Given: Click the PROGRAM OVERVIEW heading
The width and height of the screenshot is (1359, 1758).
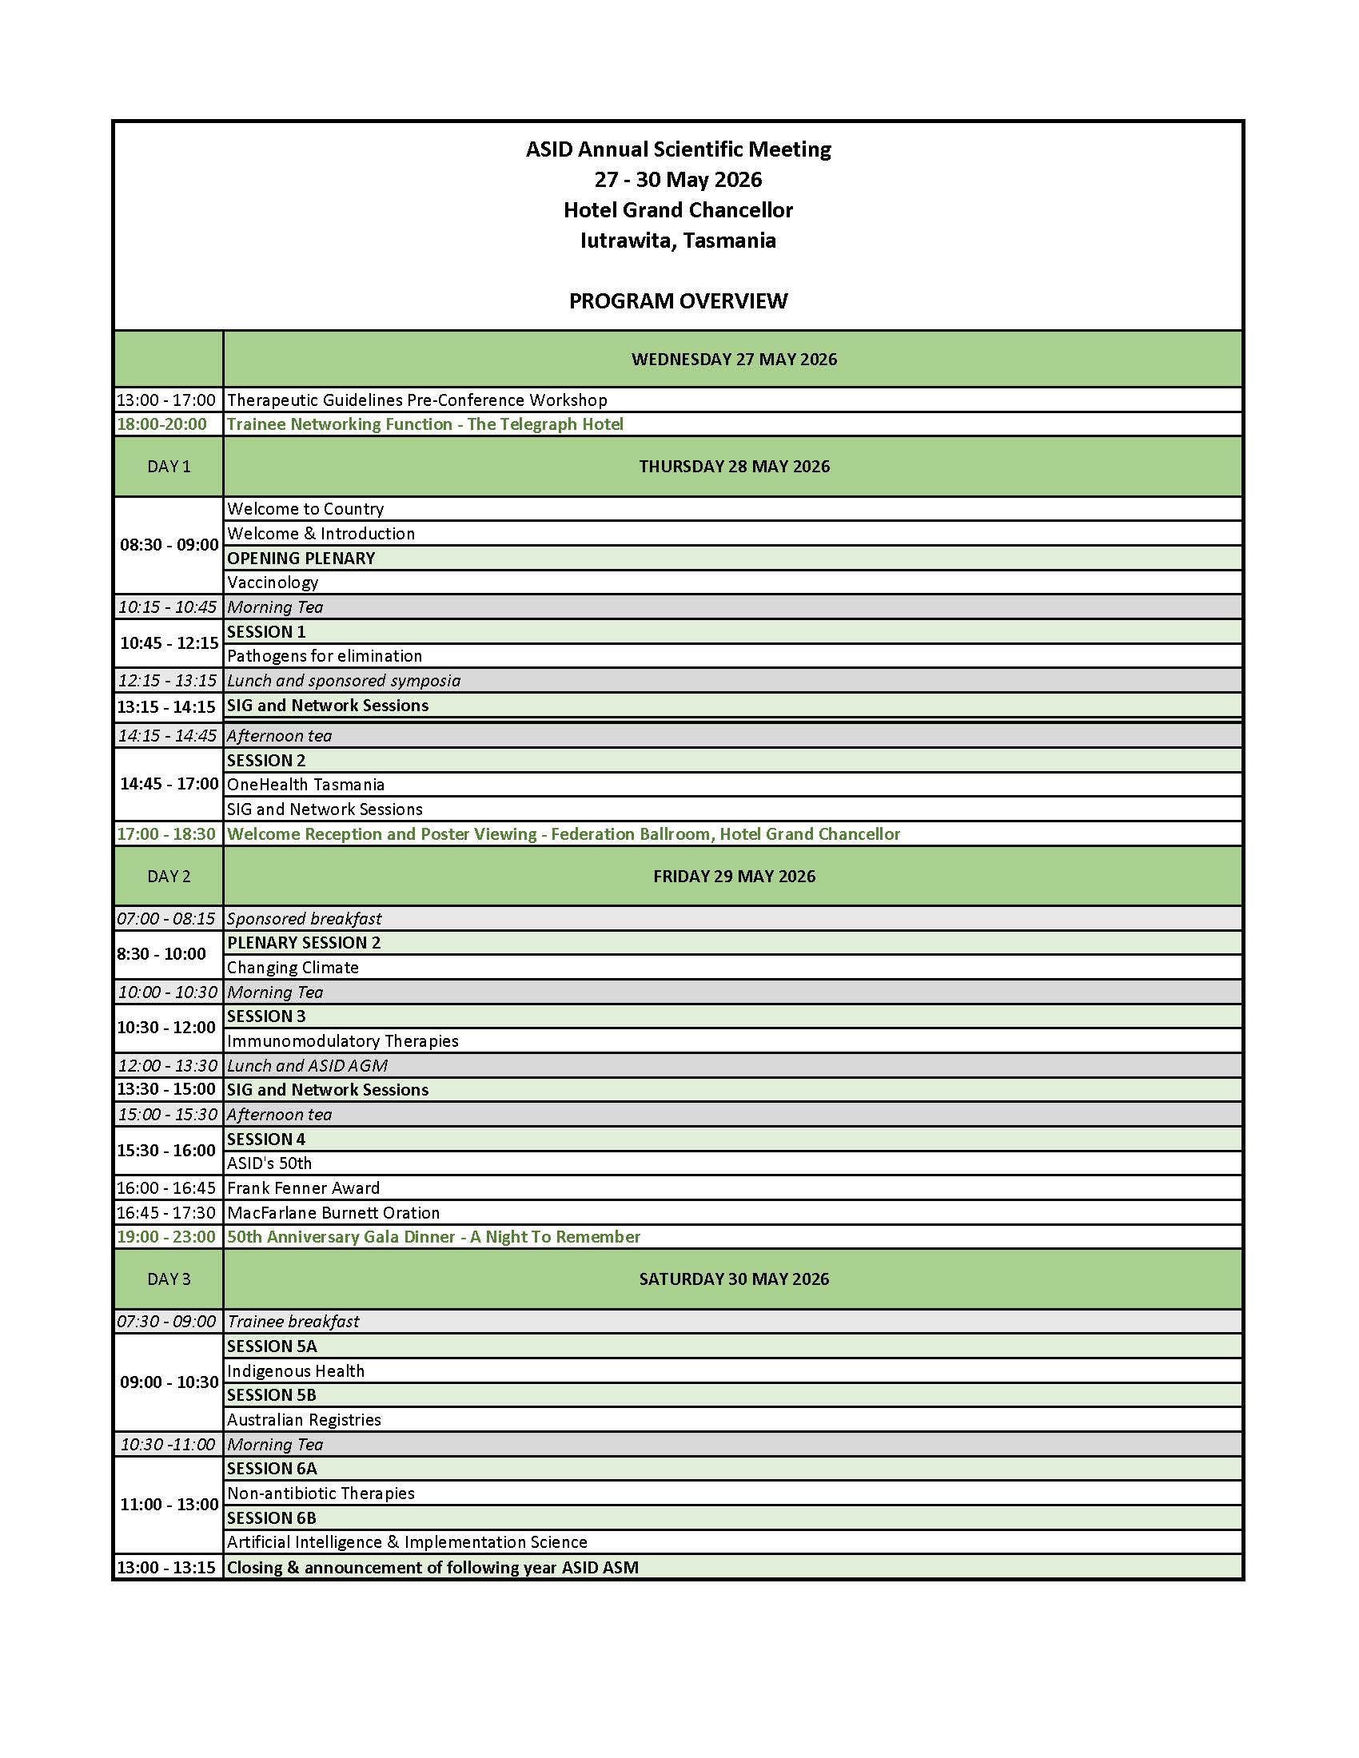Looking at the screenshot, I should pos(678,301).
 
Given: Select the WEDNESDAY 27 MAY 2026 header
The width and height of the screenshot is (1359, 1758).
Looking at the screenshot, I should pos(733,359).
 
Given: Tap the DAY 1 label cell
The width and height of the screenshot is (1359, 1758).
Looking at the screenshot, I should pos(168,467).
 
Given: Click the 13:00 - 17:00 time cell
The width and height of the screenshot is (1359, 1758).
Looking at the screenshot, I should pos(166,400).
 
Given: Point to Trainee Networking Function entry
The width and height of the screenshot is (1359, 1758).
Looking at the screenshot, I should pos(425,424).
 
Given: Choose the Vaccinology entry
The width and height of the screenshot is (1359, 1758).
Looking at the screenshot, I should pos(273,582).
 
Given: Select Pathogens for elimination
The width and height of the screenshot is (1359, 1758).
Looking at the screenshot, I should pos(325,656).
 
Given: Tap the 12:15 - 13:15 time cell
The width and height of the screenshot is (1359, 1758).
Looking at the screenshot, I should pos(167,681).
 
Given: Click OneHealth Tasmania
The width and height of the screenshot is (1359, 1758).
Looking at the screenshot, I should pos(306,785).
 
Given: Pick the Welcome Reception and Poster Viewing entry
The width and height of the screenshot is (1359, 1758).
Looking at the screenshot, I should pos(564,834).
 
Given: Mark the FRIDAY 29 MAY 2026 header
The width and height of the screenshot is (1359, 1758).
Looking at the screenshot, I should pos(733,877).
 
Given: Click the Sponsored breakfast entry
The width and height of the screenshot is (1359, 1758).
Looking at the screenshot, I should pos(305,918).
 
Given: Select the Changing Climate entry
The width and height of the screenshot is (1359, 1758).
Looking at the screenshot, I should pos(293,968).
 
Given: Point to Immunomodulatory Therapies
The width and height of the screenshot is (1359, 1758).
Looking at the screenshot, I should pos(343,1040).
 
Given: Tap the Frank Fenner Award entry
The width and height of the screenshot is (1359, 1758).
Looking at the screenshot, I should pos(304,1188).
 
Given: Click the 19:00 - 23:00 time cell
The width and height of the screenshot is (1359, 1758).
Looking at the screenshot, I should pos(166,1237).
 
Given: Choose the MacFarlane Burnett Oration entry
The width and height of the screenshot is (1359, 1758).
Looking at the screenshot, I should pos(333,1213).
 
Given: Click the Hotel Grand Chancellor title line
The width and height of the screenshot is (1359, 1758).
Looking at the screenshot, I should pos(678,210).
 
